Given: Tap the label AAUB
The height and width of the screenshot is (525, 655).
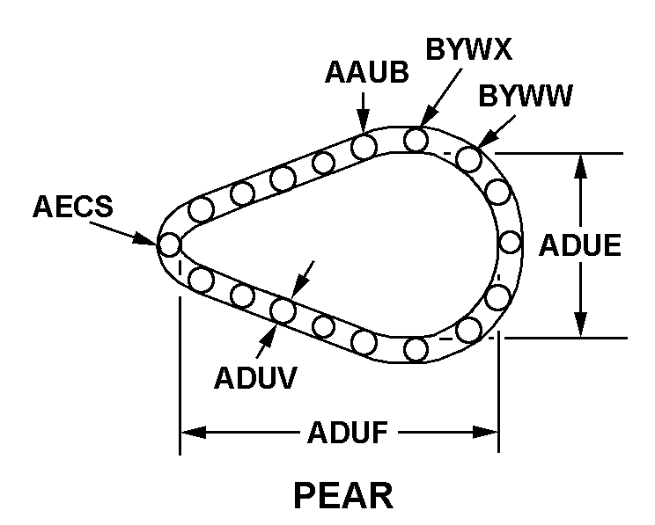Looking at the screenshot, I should [x=366, y=74].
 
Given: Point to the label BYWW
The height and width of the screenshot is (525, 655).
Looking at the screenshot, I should [x=526, y=96].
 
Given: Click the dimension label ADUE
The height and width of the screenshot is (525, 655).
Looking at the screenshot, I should [x=580, y=245].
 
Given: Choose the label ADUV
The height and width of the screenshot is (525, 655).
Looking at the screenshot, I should [x=254, y=376].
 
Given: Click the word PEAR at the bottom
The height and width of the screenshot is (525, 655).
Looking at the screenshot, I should [x=342, y=496].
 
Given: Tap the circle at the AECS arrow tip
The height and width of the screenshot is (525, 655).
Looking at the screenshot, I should [x=169, y=243].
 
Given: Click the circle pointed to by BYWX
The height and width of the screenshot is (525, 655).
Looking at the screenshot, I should [x=416, y=139].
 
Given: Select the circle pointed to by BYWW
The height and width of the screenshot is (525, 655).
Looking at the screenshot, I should [x=468, y=159].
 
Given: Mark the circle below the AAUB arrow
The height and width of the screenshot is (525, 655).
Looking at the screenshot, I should [x=364, y=146].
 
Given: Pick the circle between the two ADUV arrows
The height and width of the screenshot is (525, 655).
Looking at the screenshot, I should [x=283, y=310].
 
